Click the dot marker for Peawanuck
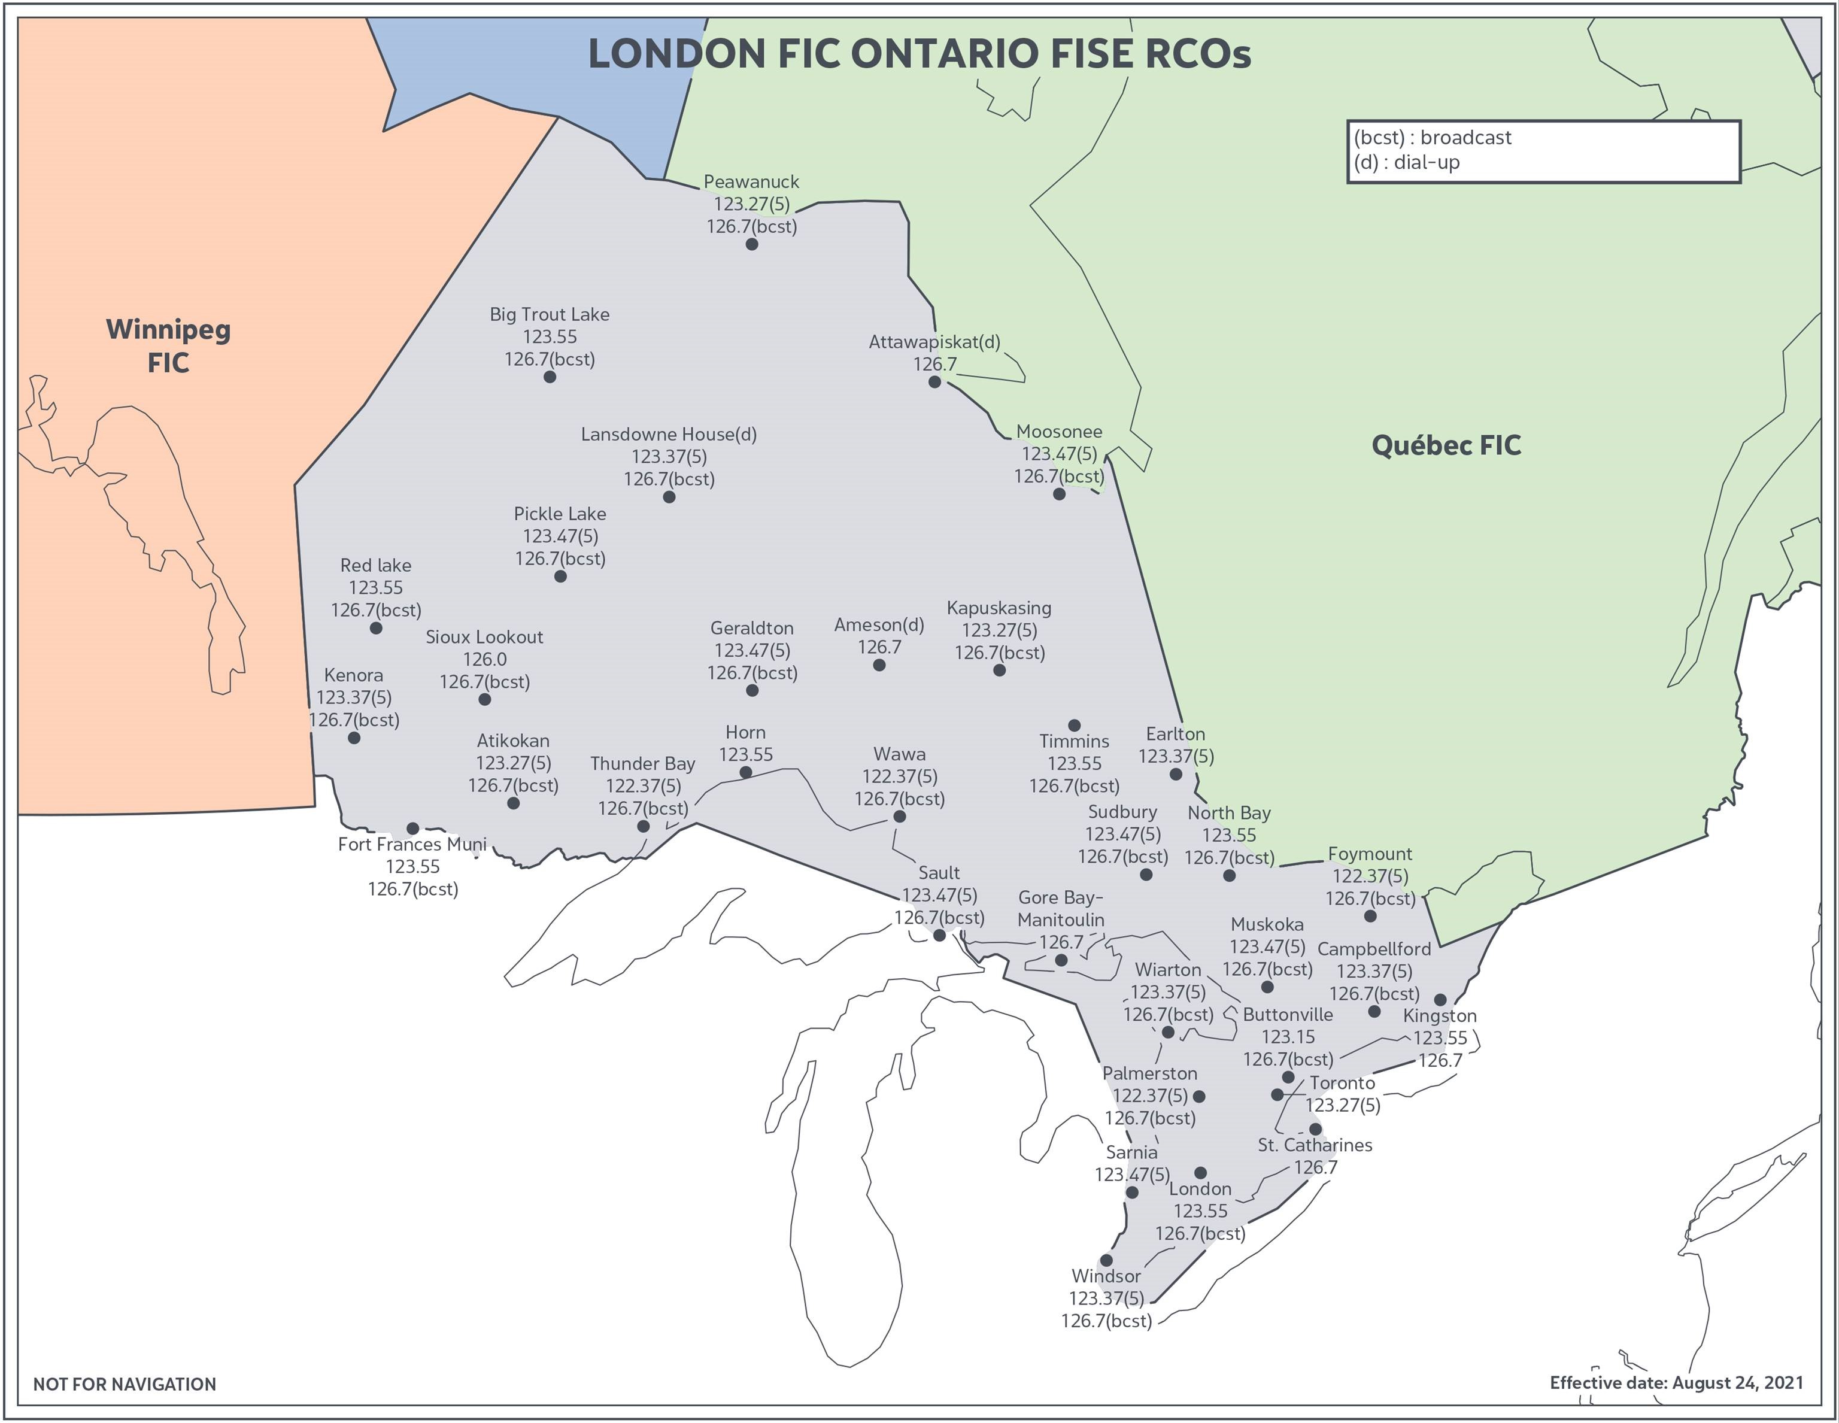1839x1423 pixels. click(x=751, y=244)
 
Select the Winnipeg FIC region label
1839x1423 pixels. click(x=168, y=345)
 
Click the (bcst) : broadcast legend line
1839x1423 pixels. click(x=1431, y=137)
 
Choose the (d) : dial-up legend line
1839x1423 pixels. click(x=1406, y=162)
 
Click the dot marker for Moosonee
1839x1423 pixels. click(x=1058, y=494)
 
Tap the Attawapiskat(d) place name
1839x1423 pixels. click(x=934, y=342)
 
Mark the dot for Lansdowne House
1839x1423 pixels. click(x=669, y=497)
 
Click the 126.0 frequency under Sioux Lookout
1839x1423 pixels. click(x=484, y=659)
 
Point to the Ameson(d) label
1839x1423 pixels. click(x=878, y=625)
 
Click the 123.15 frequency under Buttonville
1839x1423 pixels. click(x=1288, y=1036)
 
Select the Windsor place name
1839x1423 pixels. click(x=1106, y=1276)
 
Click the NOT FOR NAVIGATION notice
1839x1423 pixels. click(x=125, y=1384)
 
